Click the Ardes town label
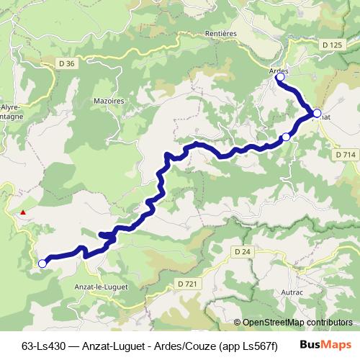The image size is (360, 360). click(x=279, y=71)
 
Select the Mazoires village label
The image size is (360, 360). click(x=110, y=102)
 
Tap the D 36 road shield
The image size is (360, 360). click(x=67, y=64)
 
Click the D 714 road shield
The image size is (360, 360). click(x=346, y=155)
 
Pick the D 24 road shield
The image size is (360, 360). click(x=243, y=251)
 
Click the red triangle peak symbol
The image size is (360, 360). click(x=24, y=212)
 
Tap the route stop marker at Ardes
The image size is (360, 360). click(x=281, y=78)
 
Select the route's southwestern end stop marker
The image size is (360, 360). click(x=42, y=264)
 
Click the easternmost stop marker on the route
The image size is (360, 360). click(x=317, y=113)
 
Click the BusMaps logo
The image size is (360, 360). click(x=325, y=345)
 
